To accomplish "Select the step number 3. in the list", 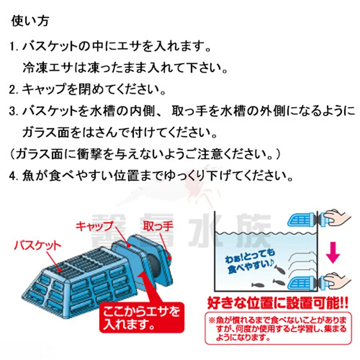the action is pyautogui.click(x=14, y=111).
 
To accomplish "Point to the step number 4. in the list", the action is pyautogui.click(x=14, y=174).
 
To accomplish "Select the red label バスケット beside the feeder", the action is pyautogui.click(x=37, y=246).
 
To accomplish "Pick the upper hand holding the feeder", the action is pyautogui.click(x=336, y=218).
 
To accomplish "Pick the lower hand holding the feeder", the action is pyautogui.click(x=336, y=282).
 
